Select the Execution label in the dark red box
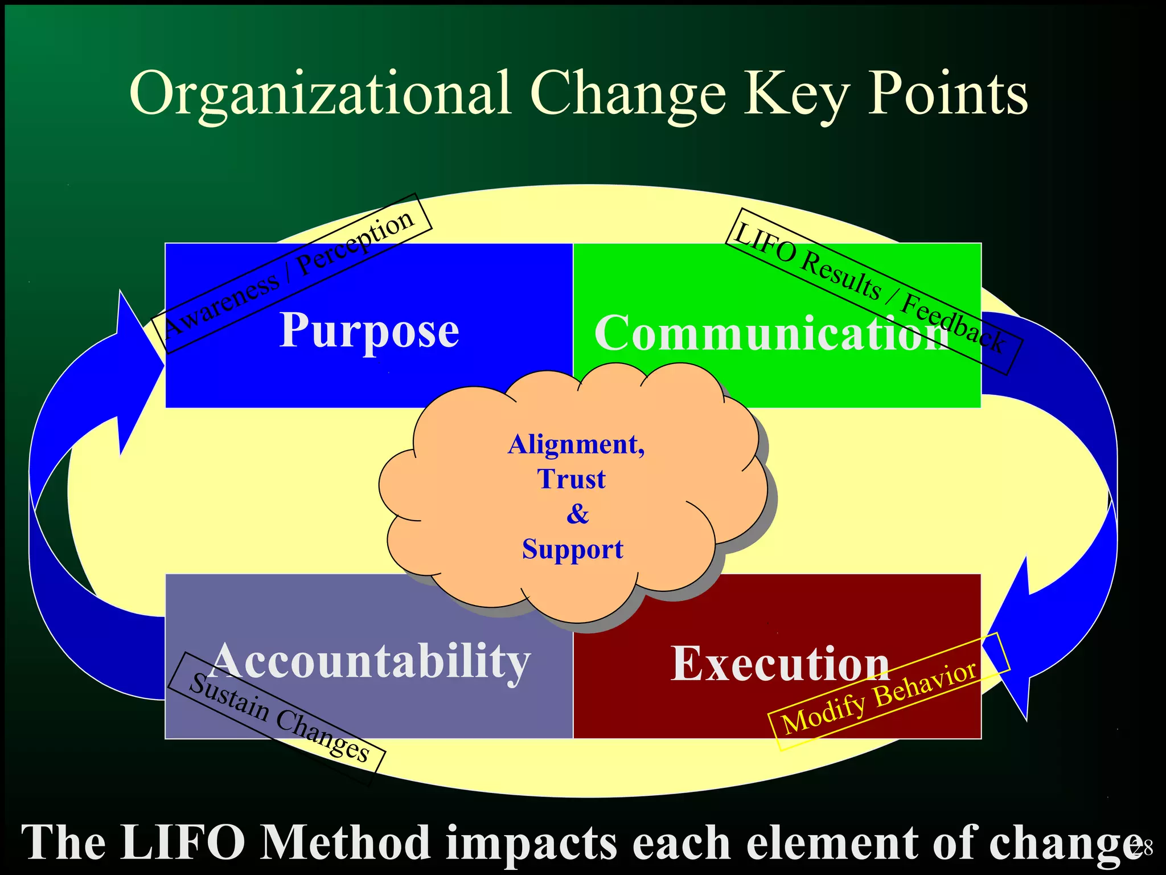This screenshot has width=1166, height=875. pos(779,664)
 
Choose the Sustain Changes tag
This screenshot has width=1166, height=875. pos(279,718)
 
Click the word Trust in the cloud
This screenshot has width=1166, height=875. pos(571,479)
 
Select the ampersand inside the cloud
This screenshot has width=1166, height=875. pos(577,514)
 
